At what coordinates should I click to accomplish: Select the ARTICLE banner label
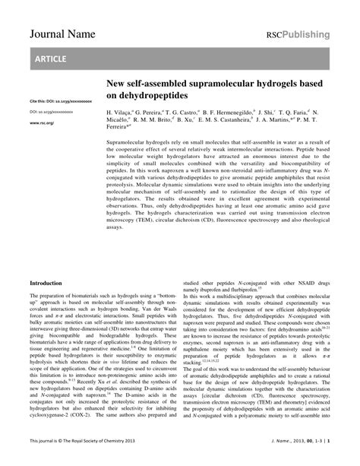pos(49,59)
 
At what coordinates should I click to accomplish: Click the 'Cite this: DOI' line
pos(50,101)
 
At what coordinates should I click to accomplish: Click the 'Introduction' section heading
pos(46,283)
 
